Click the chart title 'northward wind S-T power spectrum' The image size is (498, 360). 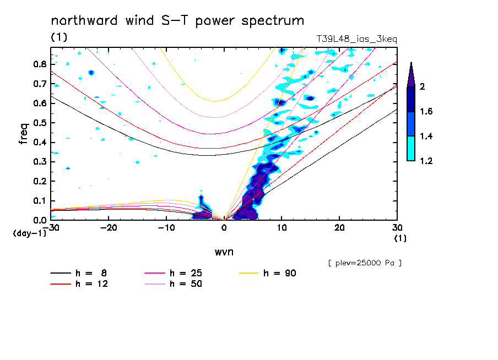(x=177, y=21)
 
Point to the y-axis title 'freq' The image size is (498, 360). (x=23, y=134)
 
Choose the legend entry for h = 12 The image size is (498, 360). (x=80, y=284)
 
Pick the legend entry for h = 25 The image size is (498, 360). (x=174, y=273)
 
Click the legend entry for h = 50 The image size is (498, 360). (x=174, y=284)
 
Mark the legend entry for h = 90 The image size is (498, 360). (x=269, y=273)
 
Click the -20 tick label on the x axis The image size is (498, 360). (x=109, y=228)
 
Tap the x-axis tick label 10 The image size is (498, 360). (x=282, y=228)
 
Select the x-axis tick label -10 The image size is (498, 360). (x=166, y=228)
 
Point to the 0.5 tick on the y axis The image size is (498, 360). (x=39, y=123)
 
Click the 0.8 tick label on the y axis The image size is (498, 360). (x=39, y=64)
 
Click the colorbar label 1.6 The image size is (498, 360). (x=426, y=112)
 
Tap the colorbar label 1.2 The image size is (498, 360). (x=426, y=161)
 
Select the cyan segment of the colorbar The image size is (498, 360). (x=411, y=148)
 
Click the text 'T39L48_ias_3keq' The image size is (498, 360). (x=356, y=39)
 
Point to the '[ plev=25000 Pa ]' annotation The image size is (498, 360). (x=364, y=263)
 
